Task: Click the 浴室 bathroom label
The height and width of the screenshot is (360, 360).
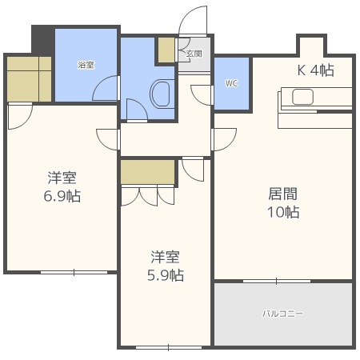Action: (x=86, y=64)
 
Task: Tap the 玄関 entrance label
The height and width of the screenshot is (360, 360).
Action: (x=194, y=54)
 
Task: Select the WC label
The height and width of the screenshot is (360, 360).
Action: (x=231, y=83)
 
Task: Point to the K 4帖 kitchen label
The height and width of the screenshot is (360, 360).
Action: (x=315, y=70)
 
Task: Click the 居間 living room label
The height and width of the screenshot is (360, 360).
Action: (x=282, y=193)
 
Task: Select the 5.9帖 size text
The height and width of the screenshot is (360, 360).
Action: (x=166, y=275)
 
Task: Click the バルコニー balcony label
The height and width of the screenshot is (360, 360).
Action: (x=282, y=314)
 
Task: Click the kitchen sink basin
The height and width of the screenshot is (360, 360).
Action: (x=305, y=98)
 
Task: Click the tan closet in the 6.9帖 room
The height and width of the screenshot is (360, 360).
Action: (x=29, y=78)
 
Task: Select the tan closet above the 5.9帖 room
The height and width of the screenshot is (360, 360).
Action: (x=148, y=171)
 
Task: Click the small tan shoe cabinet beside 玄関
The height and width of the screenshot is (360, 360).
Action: (x=166, y=50)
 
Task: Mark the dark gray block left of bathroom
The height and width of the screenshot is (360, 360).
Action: (x=42, y=38)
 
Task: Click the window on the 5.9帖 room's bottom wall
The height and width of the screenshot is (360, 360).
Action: (x=167, y=346)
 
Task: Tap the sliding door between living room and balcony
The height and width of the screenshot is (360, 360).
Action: (x=277, y=281)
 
